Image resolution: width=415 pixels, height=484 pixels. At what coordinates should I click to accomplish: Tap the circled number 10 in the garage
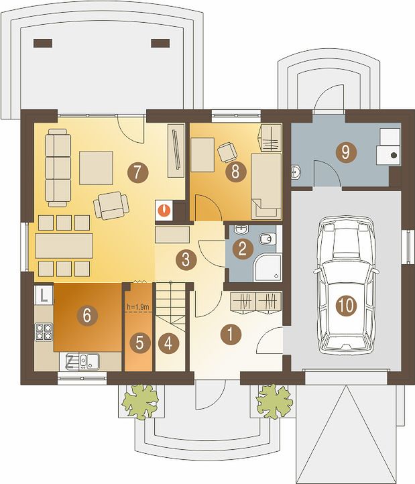click(346, 306)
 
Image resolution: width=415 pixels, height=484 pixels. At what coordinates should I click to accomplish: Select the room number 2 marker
click(243, 249)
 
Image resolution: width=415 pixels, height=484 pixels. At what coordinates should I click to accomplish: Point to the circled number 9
click(346, 152)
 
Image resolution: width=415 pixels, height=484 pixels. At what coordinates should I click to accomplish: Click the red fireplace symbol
click(164, 210)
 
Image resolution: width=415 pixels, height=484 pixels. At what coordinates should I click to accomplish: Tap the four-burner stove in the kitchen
click(44, 332)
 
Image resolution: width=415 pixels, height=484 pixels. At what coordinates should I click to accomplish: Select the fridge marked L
click(44, 295)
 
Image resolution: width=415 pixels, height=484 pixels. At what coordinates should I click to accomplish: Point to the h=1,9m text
click(138, 307)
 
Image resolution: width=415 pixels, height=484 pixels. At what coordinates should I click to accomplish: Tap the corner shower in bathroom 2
click(268, 267)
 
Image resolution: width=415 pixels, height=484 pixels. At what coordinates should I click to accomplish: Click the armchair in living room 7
click(111, 205)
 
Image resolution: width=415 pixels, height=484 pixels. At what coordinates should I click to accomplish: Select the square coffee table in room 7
click(96, 168)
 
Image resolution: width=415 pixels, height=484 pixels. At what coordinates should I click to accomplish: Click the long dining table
click(64, 246)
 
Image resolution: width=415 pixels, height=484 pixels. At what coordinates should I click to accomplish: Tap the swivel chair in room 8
click(227, 152)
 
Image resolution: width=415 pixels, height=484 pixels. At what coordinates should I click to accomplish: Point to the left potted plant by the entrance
click(140, 402)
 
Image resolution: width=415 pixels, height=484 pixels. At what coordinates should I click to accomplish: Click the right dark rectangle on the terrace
click(160, 43)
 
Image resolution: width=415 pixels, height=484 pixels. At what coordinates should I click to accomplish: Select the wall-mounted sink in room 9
click(296, 172)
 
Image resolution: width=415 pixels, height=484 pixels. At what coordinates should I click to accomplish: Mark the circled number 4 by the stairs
click(168, 343)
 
